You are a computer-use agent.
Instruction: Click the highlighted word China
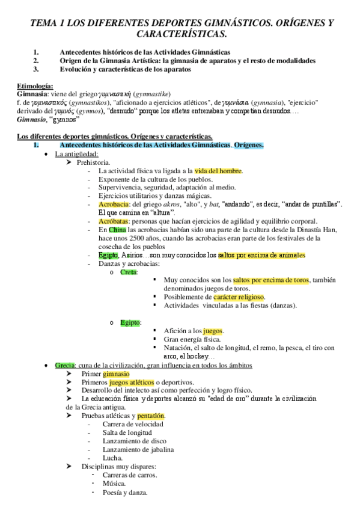pyautogui.click(x=117, y=230)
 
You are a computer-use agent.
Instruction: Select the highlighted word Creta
pyautogui.click(x=129, y=272)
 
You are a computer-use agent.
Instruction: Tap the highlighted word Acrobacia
pyautogui.click(x=113, y=204)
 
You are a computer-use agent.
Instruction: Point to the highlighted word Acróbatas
pyautogui.click(x=114, y=221)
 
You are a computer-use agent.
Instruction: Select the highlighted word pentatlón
pyautogui.click(x=151, y=415)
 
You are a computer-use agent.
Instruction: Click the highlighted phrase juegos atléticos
pyautogui.click(x=131, y=382)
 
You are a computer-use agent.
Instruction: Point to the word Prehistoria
pyautogui.click(x=93, y=162)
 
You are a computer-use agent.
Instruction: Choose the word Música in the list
pyautogui.click(x=114, y=483)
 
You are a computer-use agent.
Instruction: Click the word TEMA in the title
pyautogui.click(x=46, y=23)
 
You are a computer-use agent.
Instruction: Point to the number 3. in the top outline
pyautogui.click(x=37, y=69)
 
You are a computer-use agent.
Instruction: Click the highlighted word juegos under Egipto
pyautogui.click(x=213, y=331)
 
